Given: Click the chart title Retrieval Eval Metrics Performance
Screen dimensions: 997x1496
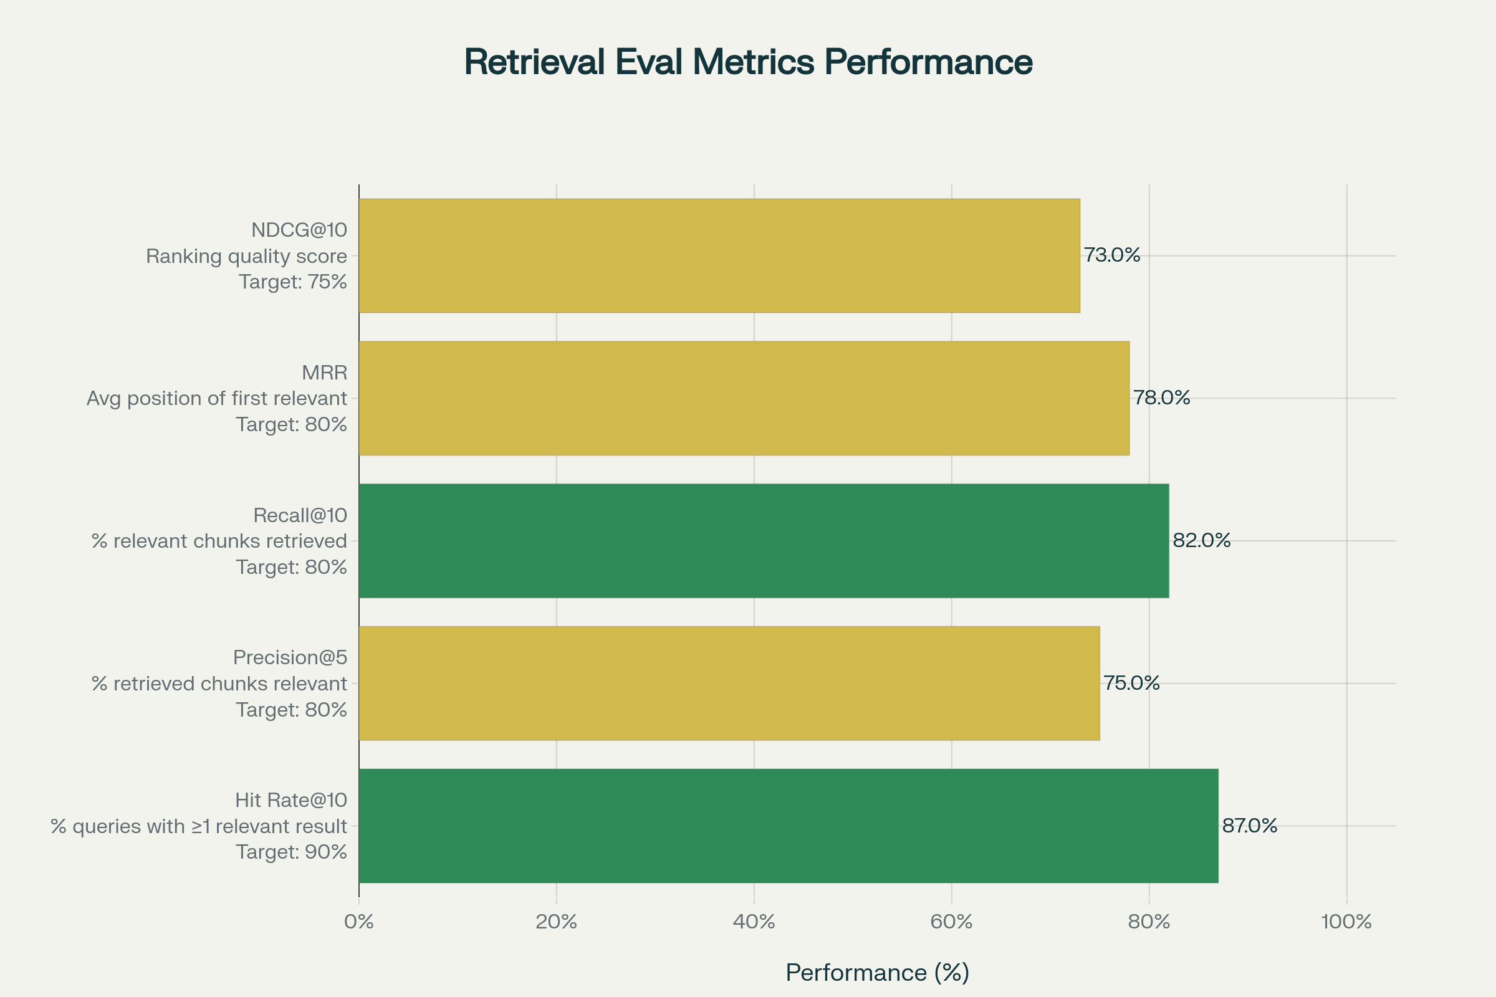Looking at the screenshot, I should point(748,62).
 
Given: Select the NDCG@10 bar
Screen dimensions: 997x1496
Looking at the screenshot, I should point(719,255).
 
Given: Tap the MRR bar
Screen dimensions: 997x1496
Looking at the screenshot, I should point(744,398).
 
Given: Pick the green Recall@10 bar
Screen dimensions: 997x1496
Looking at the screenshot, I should point(763,540).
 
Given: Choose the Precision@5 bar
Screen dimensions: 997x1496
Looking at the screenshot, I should point(729,683).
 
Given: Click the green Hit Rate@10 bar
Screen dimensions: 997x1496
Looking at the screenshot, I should point(788,825).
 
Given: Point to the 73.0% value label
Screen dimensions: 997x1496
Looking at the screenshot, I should point(1112,255).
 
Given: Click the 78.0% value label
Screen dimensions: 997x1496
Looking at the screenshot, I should point(1161,398).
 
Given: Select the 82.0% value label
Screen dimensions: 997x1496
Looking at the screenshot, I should point(1202,540).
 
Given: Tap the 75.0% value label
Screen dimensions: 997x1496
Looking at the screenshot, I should point(1131,683).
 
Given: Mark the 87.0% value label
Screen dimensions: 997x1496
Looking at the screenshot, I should point(1250,825).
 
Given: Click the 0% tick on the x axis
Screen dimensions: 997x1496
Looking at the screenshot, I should point(359,922).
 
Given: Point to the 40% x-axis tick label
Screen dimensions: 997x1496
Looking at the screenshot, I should point(754,922).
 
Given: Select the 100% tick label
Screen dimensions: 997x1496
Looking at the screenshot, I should point(1346,922).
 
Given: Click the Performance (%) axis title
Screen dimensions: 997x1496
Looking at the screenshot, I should point(877,973).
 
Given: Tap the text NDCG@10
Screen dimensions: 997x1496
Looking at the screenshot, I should point(299,229).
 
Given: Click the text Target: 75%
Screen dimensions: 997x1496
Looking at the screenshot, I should point(292,282).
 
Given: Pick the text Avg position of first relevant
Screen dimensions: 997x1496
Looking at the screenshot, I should point(217,398).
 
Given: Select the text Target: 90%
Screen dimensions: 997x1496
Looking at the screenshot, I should point(291,852).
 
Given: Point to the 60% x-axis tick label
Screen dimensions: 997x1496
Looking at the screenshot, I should point(952,922).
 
